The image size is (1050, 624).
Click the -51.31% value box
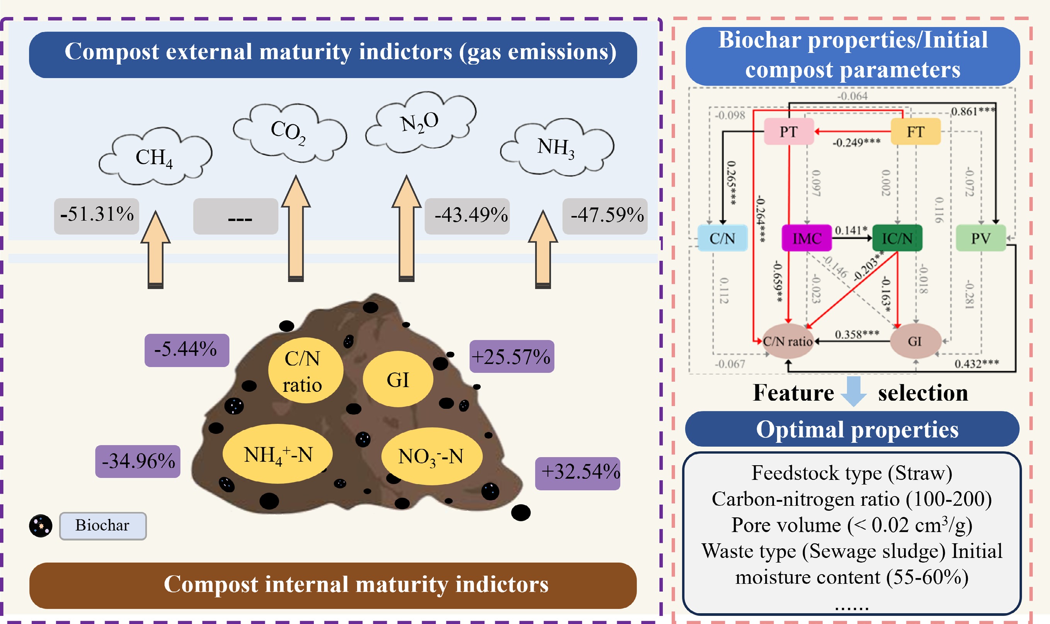click(x=96, y=216)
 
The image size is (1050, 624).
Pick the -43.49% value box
click(x=467, y=216)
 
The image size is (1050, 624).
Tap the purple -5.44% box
click(x=187, y=350)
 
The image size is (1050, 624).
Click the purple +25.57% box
click(x=511, y=357)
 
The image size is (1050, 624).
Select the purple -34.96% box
click(x=138, y=461)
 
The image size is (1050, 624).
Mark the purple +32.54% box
click(x=577, y=473)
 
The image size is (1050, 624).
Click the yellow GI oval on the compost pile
click(x=398, y=379)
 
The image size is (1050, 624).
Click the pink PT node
click(x=788, y=132)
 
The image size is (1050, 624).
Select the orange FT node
click(x=916, y=132)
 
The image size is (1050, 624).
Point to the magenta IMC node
click(x=807, y=238)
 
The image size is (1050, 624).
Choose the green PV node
click(x=980, y=238)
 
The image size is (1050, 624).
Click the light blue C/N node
click(x=722, y=238)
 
